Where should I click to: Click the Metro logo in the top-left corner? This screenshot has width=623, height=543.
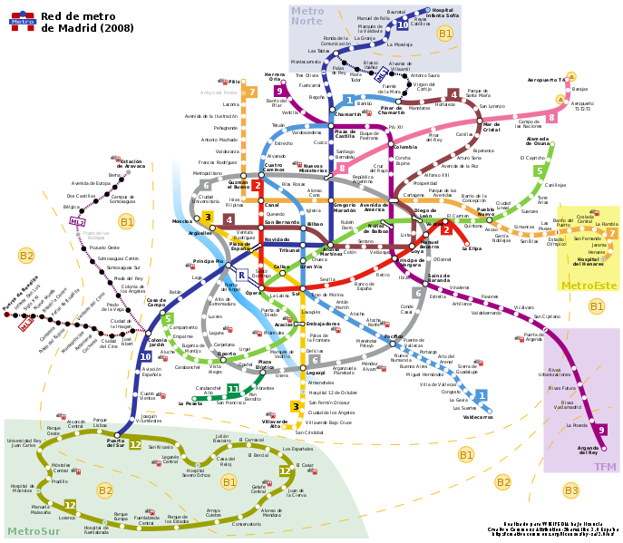(x=23, y=21)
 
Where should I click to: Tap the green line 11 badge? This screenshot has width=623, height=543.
(x=233, y=390)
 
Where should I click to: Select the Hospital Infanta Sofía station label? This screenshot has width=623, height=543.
(x=442, y=14)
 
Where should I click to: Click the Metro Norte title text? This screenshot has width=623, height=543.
(x=307, y=16)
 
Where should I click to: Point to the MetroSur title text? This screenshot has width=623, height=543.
(x=34, y=531)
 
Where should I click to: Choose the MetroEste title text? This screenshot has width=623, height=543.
(x=589, y=286)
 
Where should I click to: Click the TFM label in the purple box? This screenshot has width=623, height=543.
(x=605, y=467)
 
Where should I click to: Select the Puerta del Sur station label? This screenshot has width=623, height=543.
(x=115, y=443)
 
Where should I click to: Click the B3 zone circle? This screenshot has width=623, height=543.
(x=570, y=490)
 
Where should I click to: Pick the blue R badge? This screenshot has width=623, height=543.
(x=241, y=275)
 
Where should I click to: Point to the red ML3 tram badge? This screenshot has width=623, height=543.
(x=25, y=324)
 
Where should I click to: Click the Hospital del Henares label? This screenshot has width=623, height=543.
(x=590, y=261)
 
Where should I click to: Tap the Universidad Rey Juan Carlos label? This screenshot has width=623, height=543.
(x=24, y=443)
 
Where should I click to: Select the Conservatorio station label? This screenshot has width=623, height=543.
(x=246, y=524)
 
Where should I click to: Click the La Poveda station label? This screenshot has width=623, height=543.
(x=577, y=425)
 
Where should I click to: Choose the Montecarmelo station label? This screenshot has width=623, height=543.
(x=305, y=62)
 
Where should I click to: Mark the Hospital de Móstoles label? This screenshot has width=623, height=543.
(x=23, y=489)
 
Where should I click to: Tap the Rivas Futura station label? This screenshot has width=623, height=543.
(x=562, y=388)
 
